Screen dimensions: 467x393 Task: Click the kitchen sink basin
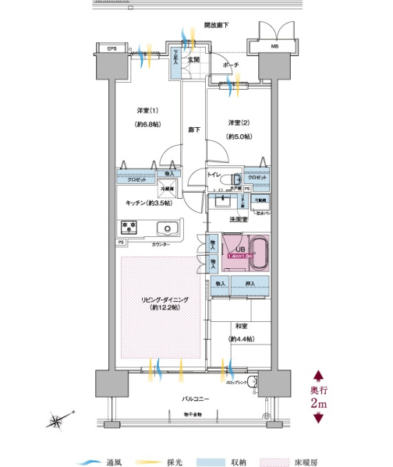coord(166,228)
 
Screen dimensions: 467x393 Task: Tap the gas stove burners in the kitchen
coord(128,228)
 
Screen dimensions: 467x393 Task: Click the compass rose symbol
coord(58,423)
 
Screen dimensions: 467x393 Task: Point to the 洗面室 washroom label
coord(239,220)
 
